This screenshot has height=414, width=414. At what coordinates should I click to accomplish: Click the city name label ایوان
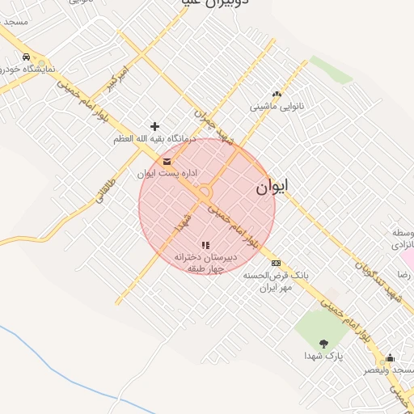click(x=272, y=188)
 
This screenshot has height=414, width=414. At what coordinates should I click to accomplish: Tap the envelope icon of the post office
click(x=167, y=162)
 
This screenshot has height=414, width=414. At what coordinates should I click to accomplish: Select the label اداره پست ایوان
click(x=167, y=173)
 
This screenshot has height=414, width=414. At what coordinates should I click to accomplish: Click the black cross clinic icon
click(x=154, y=126)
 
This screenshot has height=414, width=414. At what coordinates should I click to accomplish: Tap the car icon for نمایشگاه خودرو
click(x=27, y=57)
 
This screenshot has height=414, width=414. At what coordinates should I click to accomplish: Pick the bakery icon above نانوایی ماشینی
click(x=277, y=94)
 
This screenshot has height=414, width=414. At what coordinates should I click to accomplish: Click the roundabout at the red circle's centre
click(x=205, y=192)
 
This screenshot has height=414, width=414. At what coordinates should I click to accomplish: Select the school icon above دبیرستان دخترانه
click(x=205, y=244)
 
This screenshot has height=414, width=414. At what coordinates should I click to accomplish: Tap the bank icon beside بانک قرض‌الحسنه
click(x=277, y=263)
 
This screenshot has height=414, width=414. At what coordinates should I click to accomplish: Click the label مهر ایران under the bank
click(x=272, y=287)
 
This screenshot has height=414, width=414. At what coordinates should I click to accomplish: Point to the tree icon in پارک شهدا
click(x=323, y=344)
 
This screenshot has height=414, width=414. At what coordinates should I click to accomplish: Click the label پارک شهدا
click(x=323, y=356)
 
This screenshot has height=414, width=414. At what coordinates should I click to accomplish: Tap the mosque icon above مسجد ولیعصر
click(x=391, y=358)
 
